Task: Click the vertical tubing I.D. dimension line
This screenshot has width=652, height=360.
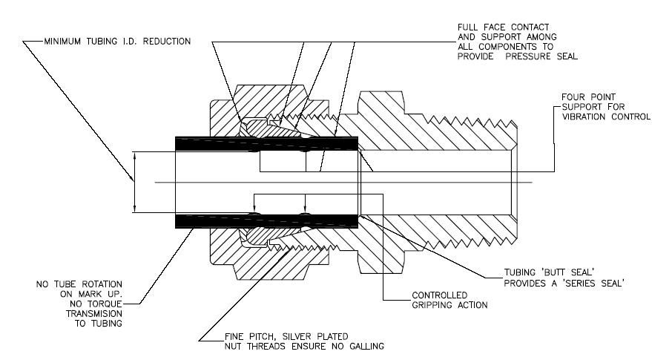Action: click(x=134, y=182)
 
